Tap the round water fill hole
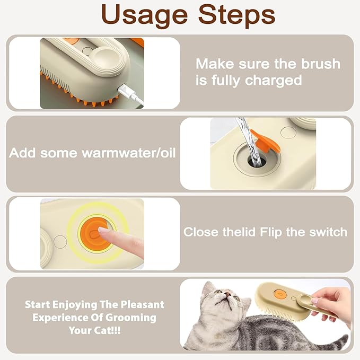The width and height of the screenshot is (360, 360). coord(253,159)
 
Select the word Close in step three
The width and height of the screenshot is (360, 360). coord(200,232)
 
